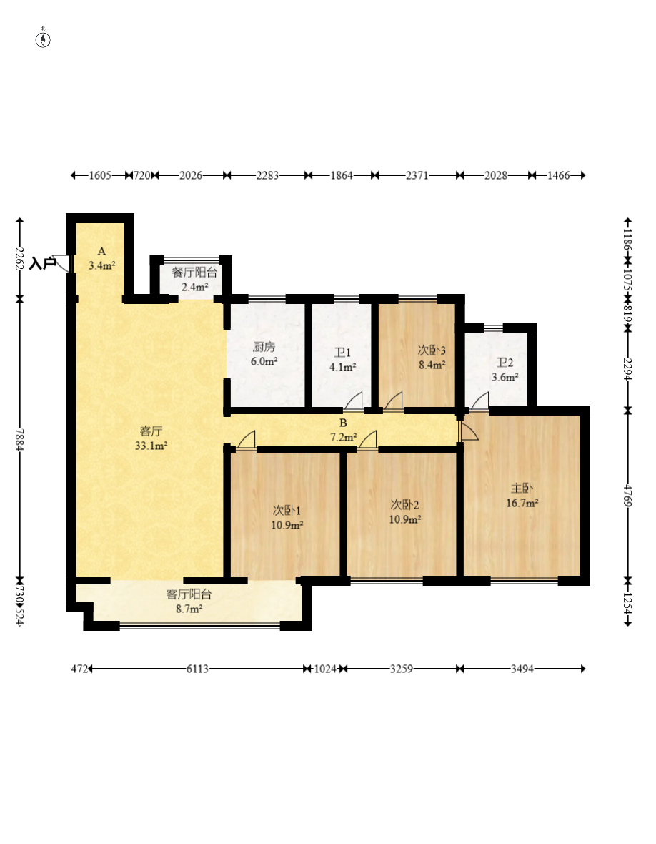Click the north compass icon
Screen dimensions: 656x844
(x=43, y=39)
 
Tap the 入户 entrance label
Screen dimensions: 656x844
(x=42, y=264)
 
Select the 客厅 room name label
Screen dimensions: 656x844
(x=151, y=431)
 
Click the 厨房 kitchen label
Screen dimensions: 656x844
(x=264, y=347)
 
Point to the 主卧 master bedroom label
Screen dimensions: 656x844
(x=522, y=489)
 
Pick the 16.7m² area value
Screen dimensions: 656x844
(x=522, y=504)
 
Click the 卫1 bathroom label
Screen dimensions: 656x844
(x=342, y=353)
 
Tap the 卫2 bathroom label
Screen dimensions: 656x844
(x=505, y=363)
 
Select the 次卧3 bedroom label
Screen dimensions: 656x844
(x=432, y=350)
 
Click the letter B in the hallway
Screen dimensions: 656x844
(x=343, y=423)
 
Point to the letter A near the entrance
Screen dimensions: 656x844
(x=101, y=251)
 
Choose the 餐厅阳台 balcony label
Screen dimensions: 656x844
(x=194, y=273)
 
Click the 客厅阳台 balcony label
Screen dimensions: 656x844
(x=189, y=594)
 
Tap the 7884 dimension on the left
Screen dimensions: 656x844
(x=20, y=440)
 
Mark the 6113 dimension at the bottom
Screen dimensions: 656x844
(x=197, y=669)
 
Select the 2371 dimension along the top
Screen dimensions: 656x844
(x=417, y=175)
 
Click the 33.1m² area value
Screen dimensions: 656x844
(x=151, y=446)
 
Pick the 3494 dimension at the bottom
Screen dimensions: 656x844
(x=522, y=669)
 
